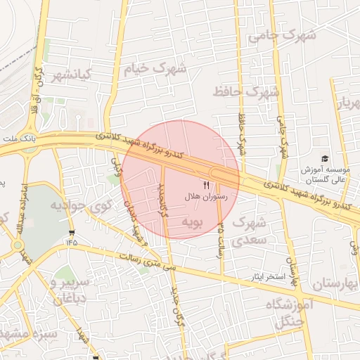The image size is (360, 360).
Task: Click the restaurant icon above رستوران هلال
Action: tap(206, 184)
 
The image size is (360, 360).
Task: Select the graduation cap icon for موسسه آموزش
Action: tap(324, 160)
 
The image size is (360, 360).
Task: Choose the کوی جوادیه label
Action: tap(82, 206)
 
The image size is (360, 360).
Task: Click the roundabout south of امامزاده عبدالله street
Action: tap(16, 245)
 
